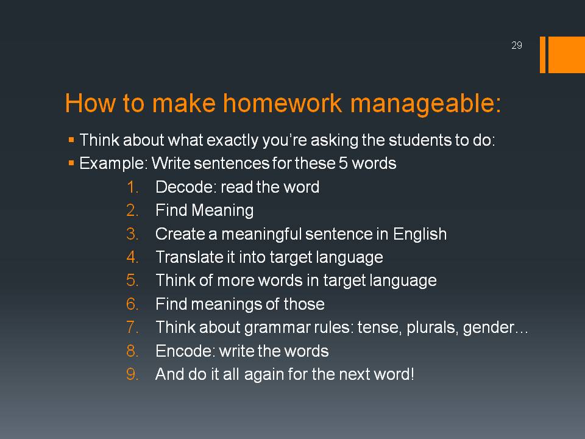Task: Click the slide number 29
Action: pos(516,45)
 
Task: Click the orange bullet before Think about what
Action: pos(71,140)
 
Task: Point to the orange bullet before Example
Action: pos(71,163)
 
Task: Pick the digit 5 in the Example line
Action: pos(343,163)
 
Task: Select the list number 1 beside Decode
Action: pos(132,187)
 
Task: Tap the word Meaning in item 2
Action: pos(223,211)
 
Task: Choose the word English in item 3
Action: pos(420,234)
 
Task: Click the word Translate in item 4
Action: pos(189,257)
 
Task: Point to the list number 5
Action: pos(132,280)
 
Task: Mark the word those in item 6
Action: pos(304,304)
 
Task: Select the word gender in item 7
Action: pos(488,328)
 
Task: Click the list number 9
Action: pos(132,374)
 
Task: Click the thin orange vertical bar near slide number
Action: pos(542,54)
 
